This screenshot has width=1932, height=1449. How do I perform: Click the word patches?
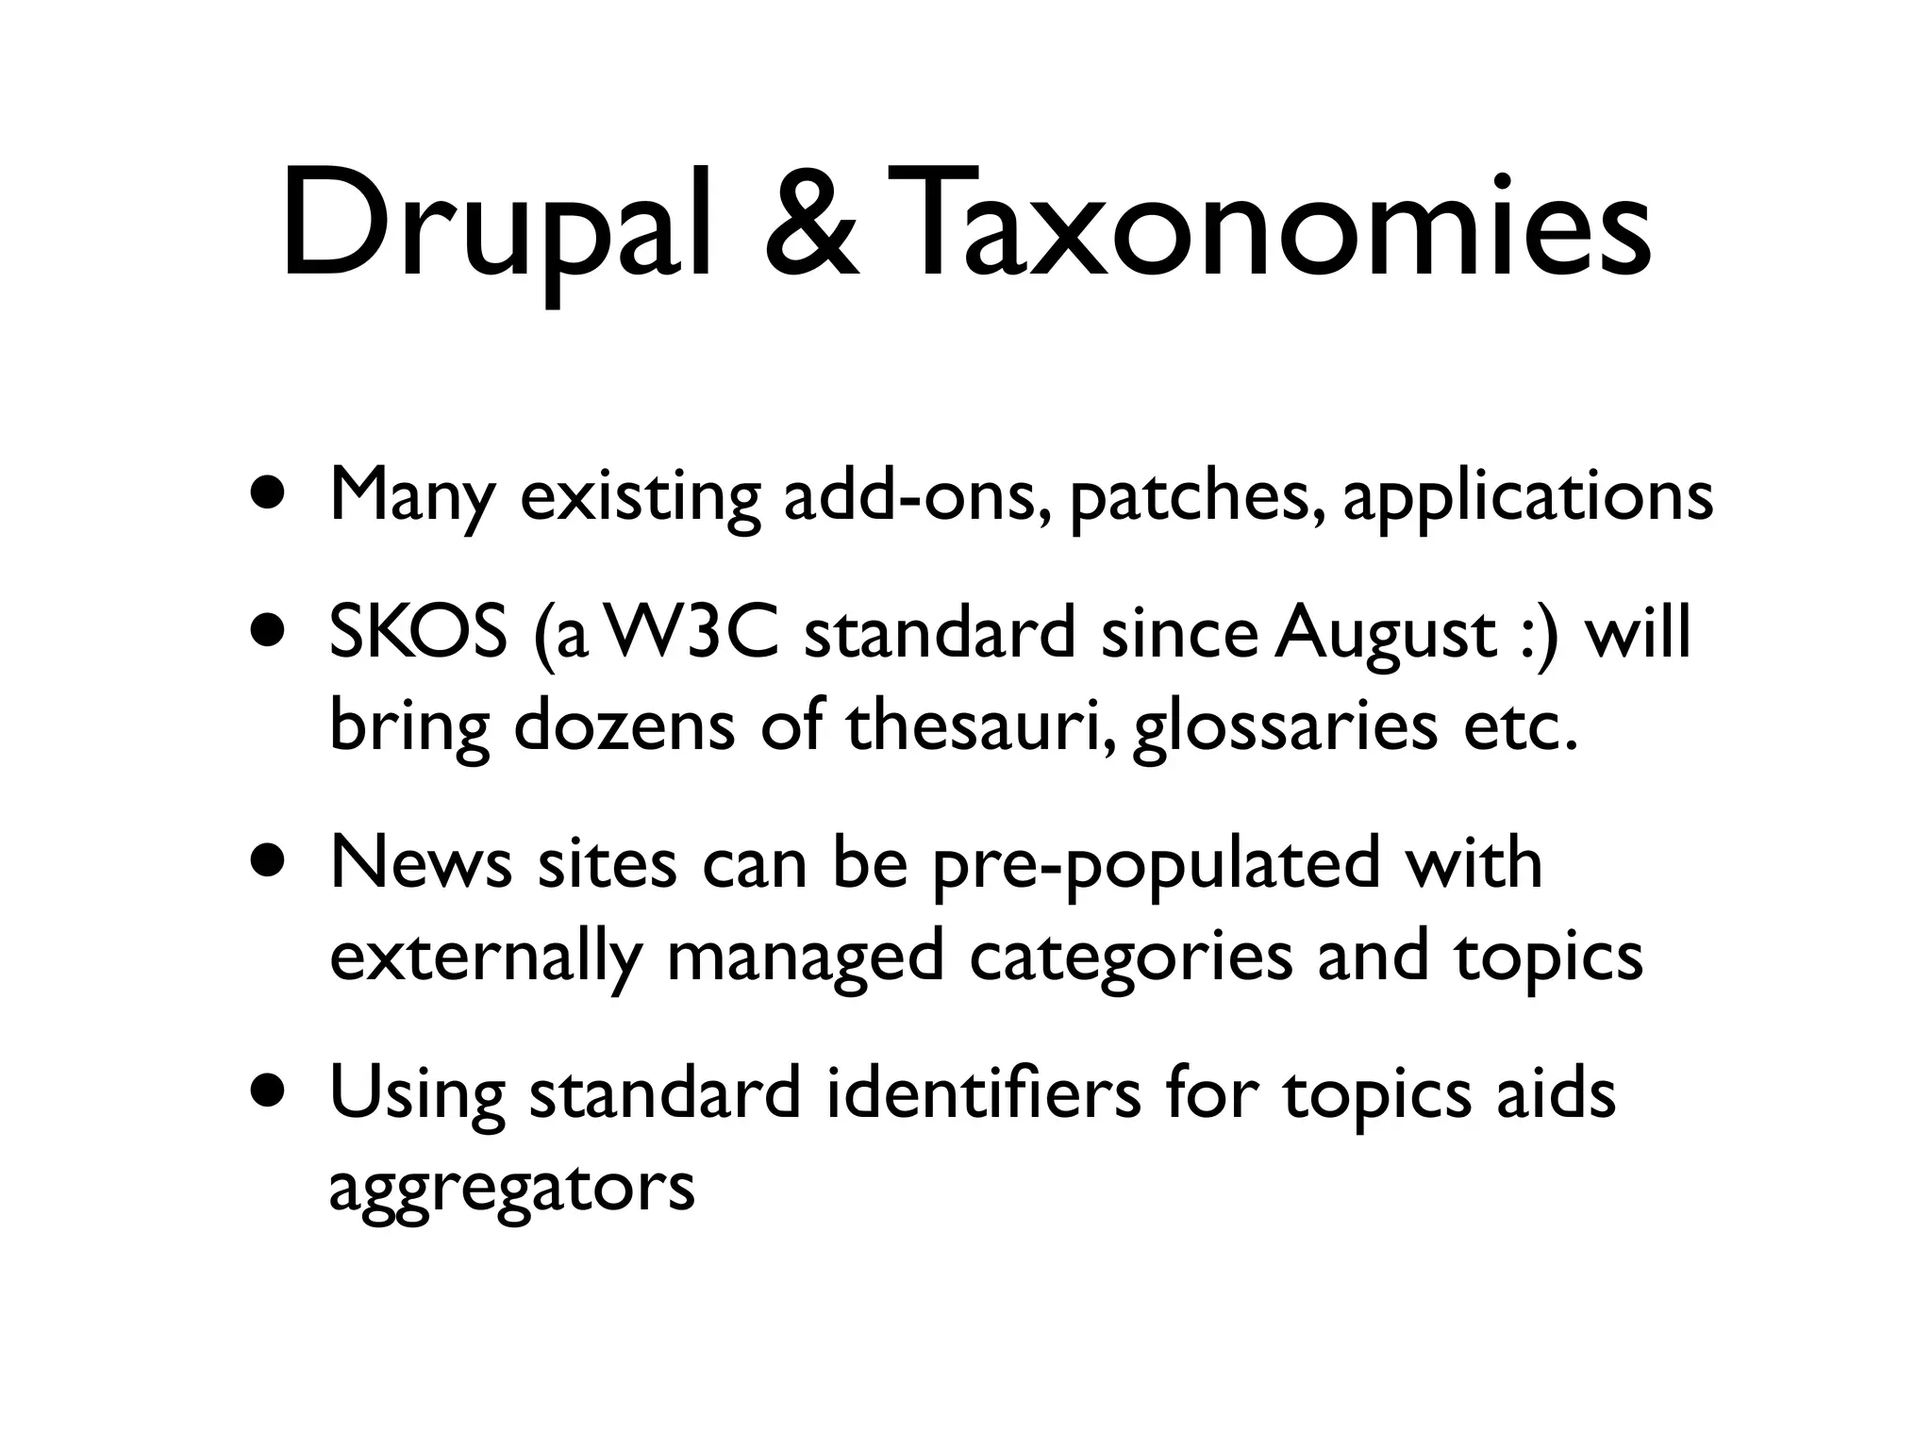click(1196, 496)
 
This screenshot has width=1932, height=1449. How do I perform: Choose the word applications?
click(1526, 496)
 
